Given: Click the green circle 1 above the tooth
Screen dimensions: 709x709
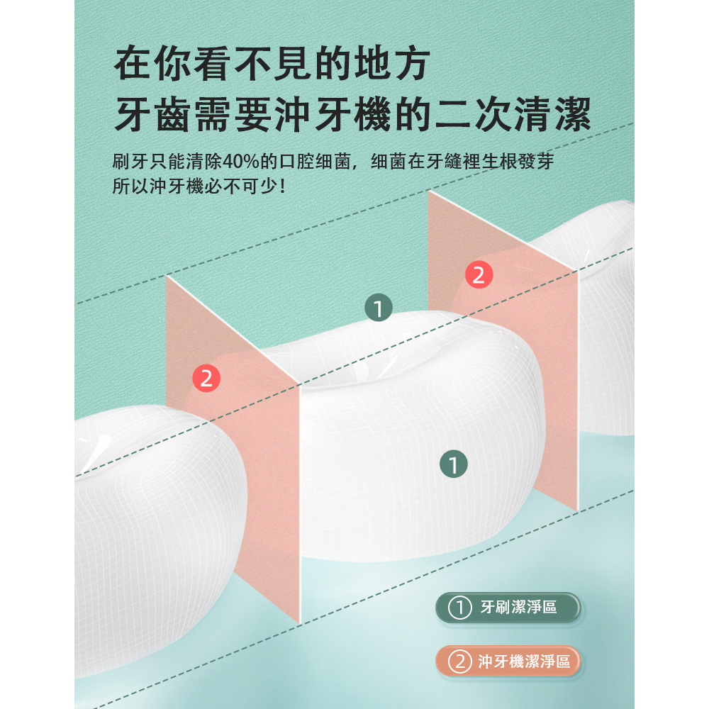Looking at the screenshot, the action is click(x=379, y=308).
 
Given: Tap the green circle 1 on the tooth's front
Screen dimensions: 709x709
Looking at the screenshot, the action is click(x=454, y=464).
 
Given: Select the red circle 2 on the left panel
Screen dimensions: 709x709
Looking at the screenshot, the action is click(x=206, y=378).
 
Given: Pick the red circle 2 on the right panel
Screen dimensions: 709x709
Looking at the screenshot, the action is click(x=479, y=275).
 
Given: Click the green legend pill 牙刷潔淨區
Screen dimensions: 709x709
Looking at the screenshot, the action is click(x=508, y=608).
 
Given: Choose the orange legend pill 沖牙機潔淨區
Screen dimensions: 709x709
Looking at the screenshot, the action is click(x=508, y=661).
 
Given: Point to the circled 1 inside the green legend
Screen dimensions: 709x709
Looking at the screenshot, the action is click(x=460, y=608).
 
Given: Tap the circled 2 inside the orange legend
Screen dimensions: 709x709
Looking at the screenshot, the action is click(x=460, y=661).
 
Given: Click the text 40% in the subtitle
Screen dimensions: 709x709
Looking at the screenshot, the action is click(x=241, y=162).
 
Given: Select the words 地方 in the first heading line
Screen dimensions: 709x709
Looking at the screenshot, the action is click(x=392, y=63).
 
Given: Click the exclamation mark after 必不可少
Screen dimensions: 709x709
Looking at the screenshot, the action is click(x=283, y=186).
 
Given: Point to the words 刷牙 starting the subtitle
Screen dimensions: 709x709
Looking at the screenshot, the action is click(x=130, y=162).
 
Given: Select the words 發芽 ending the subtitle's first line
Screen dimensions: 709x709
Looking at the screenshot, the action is click(x=536, y=162).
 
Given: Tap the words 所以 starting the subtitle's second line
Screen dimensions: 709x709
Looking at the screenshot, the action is click(x=130, y=186).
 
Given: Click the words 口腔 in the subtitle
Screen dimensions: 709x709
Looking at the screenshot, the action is click(x=296, y=162).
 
